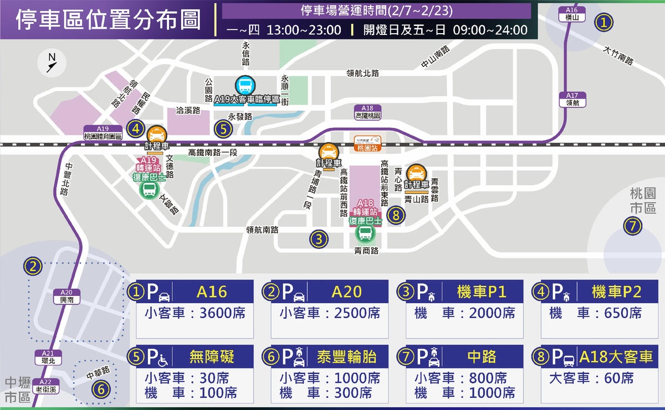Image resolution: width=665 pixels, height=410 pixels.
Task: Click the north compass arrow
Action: [52, 63]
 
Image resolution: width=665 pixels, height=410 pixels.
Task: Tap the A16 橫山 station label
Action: [572, 14]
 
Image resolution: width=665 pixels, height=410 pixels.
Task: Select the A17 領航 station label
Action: [572, 99]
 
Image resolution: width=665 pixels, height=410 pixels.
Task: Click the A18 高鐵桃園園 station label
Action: [367, 112]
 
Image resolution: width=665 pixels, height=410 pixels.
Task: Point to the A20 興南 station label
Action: [66, 295]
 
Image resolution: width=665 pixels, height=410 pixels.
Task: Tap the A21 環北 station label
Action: [49, 357]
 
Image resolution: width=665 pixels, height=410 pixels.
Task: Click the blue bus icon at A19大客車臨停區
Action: [245, 85]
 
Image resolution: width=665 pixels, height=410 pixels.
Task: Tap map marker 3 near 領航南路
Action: [319, 239]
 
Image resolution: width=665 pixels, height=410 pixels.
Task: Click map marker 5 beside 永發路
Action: [223, 129]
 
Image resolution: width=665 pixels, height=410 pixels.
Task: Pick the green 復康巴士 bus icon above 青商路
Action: [365, 233]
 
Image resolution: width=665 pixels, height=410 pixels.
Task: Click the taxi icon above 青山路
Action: [416, 173]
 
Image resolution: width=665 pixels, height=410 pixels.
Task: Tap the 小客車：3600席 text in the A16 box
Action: [195, 313]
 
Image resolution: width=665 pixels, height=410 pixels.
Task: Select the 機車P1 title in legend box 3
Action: [482, 292]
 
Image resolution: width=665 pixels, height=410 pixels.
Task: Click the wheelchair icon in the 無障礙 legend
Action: [164, 360]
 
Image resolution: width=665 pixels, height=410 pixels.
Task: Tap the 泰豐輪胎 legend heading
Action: [346, 357]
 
